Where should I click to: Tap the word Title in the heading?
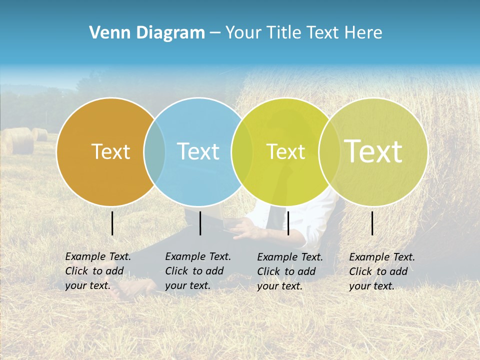[x=284, y=33]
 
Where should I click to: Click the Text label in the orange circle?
[x=110, y=151]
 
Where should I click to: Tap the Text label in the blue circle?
[x=198, y=151]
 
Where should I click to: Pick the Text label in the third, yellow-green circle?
[x=285, y=151]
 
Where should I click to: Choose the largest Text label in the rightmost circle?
[x=373, y=151]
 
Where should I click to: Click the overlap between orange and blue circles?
[x=154, y=151]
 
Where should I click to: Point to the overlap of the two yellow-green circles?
[x=329, y=151]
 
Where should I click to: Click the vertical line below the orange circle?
[x=112, y=223]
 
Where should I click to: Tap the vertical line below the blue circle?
[x=200, y=223]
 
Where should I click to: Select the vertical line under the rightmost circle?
[x=372, y=223]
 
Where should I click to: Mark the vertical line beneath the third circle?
[x=288, y=223]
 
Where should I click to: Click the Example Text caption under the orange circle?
[x=98, y=271]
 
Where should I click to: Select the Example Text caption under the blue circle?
[x=198, y=271]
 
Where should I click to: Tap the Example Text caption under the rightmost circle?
[x=382, y=271]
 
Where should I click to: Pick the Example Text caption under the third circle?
[x=290, y=271]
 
